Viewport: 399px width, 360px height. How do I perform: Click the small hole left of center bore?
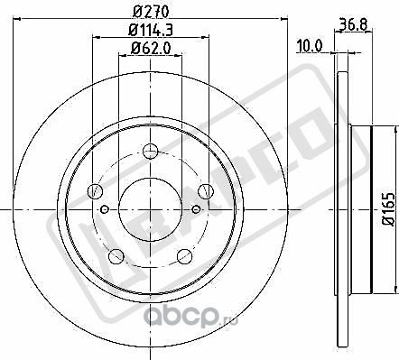pyautogui.click(x=106, y=209)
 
